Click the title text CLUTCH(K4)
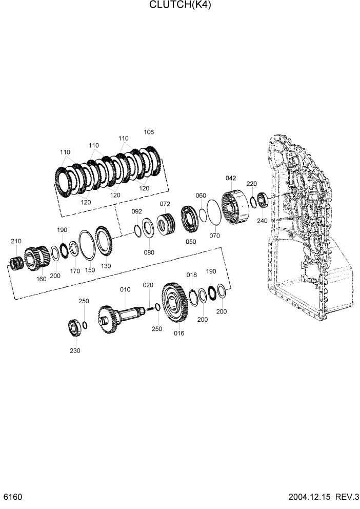tap(180, 6)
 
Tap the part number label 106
tap(149, 132)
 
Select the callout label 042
tap(231, 178)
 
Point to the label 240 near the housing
tap(263, 221)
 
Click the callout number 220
tap(251, 183)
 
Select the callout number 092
tap(136, 211)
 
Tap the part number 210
tap(16, 241)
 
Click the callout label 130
tap(106, 266)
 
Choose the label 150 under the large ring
tap(90, 270)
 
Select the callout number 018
tap(191, 275)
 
